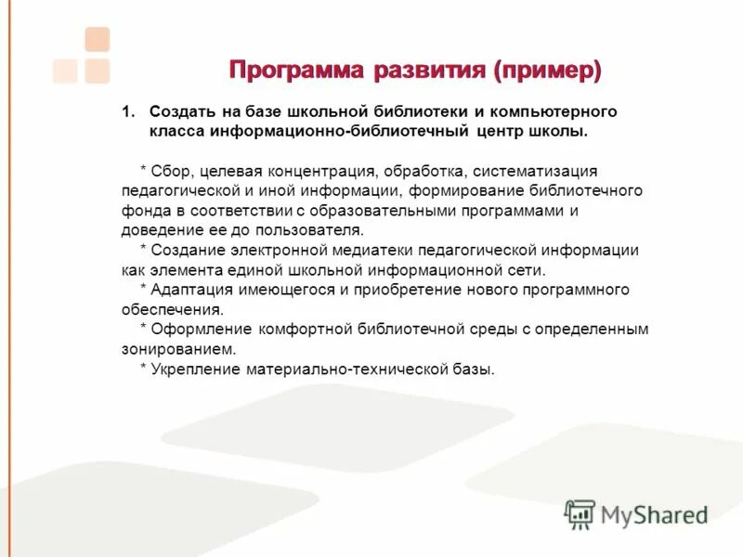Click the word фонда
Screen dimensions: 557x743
pos(142,211)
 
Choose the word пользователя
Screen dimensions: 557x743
pos(313,230)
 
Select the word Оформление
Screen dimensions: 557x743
pos(194,330)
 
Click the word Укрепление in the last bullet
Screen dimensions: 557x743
pos(196,369)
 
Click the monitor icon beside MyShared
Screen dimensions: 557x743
pos(580,514)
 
